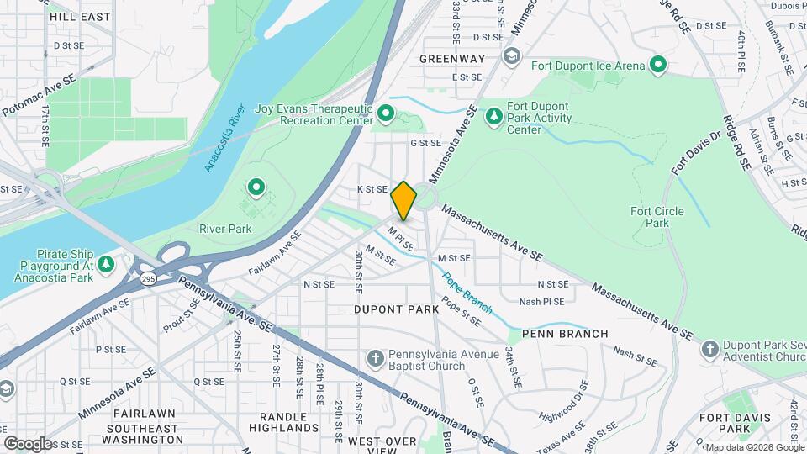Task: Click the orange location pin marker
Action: point(403,200)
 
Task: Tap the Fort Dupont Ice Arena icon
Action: point(659,65)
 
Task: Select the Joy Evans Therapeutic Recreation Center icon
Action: point(386,113)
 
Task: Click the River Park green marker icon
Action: point(256,186)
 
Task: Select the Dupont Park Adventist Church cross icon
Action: point(709,349)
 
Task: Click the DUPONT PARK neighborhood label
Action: point(396,309)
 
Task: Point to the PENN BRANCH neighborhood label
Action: point(565,334)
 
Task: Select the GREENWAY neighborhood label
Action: point(452,59)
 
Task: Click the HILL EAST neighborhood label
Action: point(80,16)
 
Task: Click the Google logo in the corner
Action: point(27,443)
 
